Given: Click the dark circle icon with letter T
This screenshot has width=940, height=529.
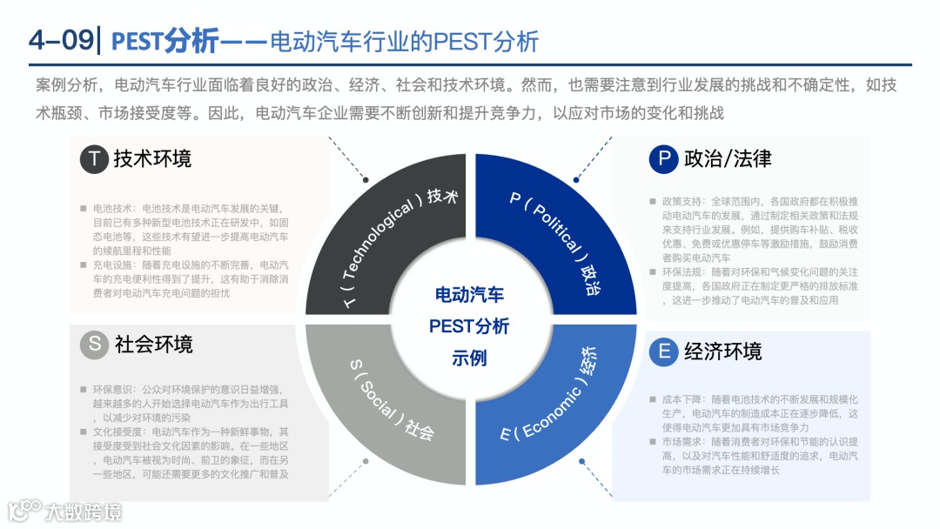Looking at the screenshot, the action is pos(94,159).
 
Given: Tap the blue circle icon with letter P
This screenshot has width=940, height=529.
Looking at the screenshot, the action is pos(663,159).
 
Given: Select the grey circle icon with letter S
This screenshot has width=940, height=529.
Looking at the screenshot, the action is pos(94,345).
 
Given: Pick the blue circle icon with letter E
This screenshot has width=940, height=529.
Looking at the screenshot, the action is pos(663,352).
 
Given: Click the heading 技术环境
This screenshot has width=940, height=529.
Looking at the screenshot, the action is pos(152,158).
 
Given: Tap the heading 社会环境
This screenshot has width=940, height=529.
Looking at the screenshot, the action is pos(153,345).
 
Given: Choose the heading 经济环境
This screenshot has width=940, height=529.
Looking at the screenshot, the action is pos(722,352).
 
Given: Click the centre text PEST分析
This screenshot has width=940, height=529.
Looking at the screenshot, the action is pos(469,326).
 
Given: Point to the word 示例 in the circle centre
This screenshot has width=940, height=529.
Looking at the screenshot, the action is pos(469,358).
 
